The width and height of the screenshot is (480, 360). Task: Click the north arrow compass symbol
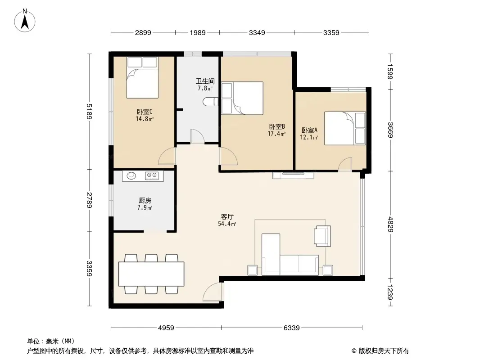point(25,20)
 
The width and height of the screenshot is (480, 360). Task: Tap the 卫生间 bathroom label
point(204,81)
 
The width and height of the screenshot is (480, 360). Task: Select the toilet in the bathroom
point(210,102)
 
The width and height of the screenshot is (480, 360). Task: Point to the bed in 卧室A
point(345,128)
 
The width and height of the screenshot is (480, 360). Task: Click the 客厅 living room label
point(227,216)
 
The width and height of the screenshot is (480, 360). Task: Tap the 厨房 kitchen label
point(144,201)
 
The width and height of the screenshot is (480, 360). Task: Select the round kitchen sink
point(131,175)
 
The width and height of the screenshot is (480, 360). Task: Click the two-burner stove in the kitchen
point(152,175)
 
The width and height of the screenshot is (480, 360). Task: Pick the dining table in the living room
point(151,274)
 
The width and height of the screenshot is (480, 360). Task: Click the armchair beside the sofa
point(322,236)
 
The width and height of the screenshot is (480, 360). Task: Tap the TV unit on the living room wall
point(293,175)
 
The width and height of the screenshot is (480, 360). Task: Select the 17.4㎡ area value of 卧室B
point(276,134)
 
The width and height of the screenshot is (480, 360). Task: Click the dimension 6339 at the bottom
point(292,328)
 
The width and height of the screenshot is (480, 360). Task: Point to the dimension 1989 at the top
point(197,32)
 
